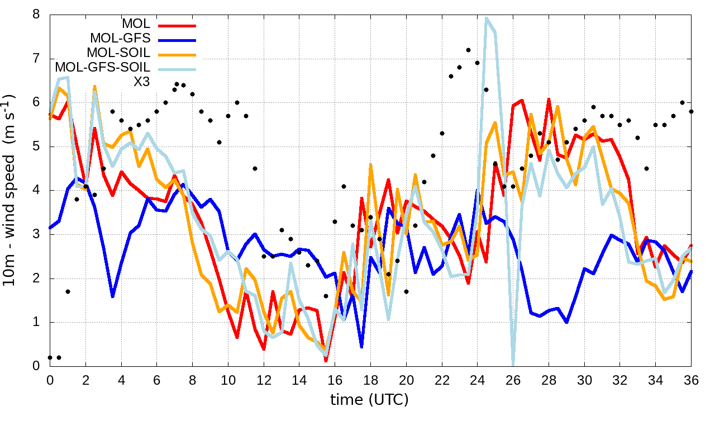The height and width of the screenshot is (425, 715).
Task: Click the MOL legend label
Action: (x=136, y=24)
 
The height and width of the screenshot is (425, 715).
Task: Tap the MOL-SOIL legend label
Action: (x=118, y=53)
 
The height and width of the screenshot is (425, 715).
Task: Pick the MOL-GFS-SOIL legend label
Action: (x=102, y=68)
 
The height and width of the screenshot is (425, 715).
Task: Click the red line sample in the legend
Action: (x=177, y=25)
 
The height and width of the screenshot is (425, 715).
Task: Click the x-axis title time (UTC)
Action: (x=370, y=400)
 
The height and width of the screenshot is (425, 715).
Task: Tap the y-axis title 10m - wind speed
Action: (x=10, y=190)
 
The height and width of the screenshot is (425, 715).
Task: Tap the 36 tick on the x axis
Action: (x=692, y=378)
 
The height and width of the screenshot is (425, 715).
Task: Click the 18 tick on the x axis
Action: (x=370, y=378)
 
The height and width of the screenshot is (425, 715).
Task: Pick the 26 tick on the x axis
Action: (x=513, y=378)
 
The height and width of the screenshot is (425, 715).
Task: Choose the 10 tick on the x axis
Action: (x=228, y=378)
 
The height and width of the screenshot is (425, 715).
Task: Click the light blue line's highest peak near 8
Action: (x=487, y=18)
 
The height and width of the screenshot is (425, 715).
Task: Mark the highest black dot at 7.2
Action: (x=468, y=50)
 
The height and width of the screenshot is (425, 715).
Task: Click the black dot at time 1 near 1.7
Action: (x=68, y=291)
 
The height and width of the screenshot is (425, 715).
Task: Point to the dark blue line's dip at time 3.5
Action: (x=112, y=296)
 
